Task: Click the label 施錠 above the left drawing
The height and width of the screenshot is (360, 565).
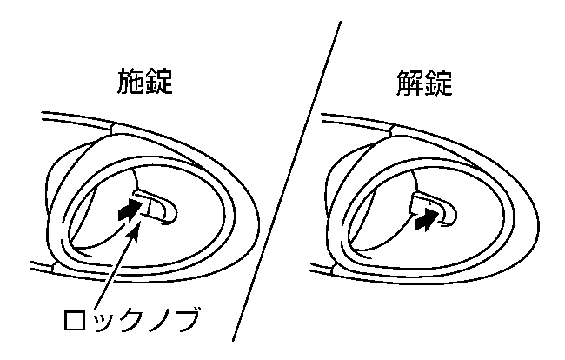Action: coord(145,82)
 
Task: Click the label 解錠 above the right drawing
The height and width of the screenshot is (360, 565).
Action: coord(424,83)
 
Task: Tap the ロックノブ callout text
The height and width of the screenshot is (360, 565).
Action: coord(131,319)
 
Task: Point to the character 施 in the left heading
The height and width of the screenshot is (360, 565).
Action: coord(130,82)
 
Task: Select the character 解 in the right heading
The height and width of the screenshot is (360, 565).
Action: coord(409,83)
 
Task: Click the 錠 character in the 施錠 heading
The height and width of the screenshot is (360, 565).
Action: coord(159,82)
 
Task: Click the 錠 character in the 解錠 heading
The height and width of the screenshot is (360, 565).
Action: coord(438,83)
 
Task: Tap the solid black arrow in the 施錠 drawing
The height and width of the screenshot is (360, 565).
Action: coord(130,211)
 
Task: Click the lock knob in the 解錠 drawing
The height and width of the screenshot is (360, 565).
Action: coord(435,209)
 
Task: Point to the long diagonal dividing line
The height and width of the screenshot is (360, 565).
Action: coord(287,181)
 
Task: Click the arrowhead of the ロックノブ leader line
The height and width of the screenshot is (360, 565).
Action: coord(135,230)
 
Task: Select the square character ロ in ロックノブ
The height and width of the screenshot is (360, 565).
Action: coord(75,320)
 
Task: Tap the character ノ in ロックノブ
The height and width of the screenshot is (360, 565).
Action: coord(158,320)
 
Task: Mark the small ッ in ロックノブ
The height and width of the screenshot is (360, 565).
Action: coord(102,323)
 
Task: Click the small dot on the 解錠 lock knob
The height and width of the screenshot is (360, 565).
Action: coord(429,204)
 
